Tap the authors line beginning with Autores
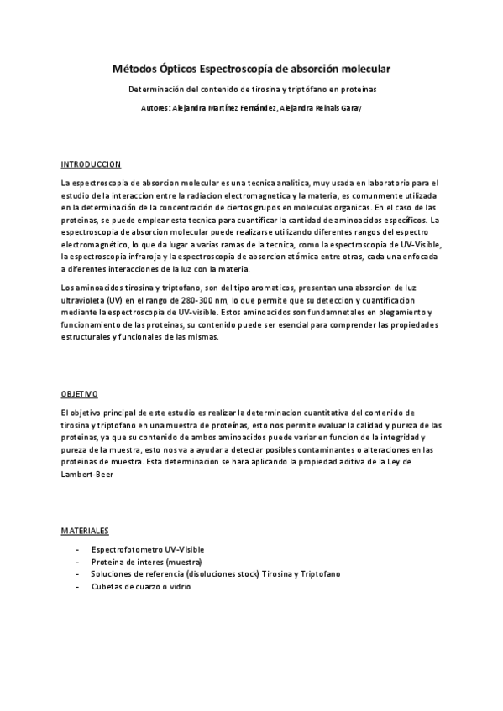(x=252, y=108)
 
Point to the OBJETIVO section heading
(x=80, y=393)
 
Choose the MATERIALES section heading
(x=85, y=531)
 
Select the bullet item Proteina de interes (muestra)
(x=147, y=562)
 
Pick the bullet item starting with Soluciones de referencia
(x=216, y=574)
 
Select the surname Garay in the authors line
(x=349, y=108)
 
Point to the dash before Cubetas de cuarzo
(x=77, y=587)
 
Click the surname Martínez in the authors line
(x=221, y=108)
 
